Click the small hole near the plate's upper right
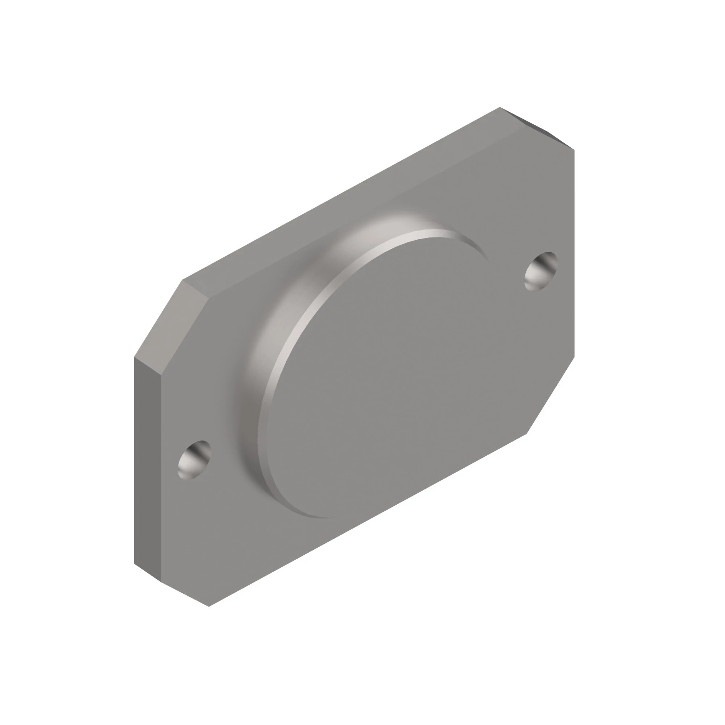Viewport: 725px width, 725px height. tap(541, 271)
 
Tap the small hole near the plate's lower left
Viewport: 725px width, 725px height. tap(194, 460)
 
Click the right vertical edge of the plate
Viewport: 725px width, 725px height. tap(574, 255)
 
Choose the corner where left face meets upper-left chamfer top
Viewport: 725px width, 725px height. tap(134, 356)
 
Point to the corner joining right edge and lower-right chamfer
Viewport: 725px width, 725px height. tap(574, 357)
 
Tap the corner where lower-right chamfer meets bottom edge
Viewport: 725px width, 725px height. tap(527, 434)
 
